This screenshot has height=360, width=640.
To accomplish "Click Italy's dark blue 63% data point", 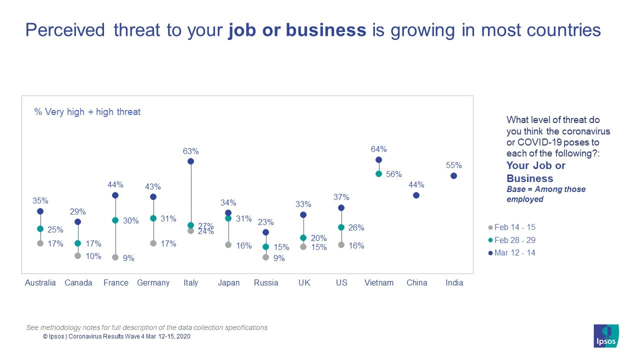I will pyautogui.click(x=190, y=161).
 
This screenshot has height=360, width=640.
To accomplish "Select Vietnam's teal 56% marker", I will pyautogui.click(x=378, y=174).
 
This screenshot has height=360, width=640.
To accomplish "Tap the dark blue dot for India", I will pyautogui.click(x=453, y=175).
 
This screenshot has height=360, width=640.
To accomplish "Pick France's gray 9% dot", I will pyautogui.click(x=115, y=257).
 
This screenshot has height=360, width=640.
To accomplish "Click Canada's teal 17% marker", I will pyautogui.click(x=77, y=243).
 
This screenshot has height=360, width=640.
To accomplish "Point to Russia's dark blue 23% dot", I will pyautogui.click(x=265, y=232).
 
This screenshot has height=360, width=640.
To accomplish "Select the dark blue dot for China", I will pyautogui.click(x=416, y=195).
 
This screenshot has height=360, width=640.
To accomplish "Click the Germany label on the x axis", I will pyautogui.click(x=153, y=282).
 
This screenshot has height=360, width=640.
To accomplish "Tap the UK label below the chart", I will pyautogui.click(x=304, y=282).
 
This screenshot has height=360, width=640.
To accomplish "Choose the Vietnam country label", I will pyautogui.click(x=378, y=282).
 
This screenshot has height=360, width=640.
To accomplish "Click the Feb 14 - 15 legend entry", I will pyautogui.click(x=511, y=227).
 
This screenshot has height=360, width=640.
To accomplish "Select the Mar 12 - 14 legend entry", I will pyautogui.click(x=511, y=252).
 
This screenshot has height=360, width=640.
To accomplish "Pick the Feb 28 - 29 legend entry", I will pyautogui.click(x=511, y=240).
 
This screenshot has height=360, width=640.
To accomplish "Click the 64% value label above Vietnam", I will pyautogui.click(x=378, y=149).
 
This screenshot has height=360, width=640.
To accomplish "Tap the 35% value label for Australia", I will pyautogui.click(x=40, y=200).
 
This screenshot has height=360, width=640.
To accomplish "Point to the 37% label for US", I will pyautogui.click(x=341, y=197).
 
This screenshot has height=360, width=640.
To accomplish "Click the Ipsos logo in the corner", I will pyautogui.click(x=606, y=336).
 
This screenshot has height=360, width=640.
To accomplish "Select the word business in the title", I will pyautogui.click(x=326, y=30).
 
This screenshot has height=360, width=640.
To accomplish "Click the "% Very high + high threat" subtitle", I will pyautogui.click(x=87, y=112).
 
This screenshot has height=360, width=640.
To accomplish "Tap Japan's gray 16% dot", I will pyautogui.click(x=228, y=244).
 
